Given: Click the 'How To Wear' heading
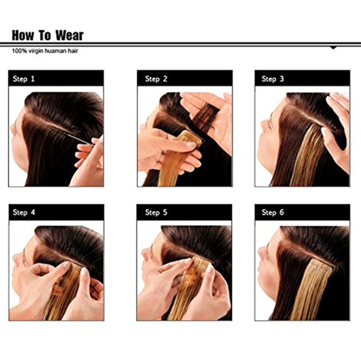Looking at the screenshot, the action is coord(48,36).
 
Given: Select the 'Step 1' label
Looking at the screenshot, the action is coord(23,79).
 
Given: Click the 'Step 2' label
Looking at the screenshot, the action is coord(156,79).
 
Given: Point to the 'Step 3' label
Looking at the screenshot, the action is coord(273,79).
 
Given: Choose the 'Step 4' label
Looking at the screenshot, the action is coord(24,212).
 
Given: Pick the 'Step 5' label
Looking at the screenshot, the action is coord(156,212).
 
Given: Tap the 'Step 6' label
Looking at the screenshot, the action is coord(273,212).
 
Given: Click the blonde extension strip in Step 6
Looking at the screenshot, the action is coord(312,290).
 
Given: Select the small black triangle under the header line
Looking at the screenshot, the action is coord(333,48).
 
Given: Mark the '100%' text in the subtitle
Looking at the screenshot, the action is coord(19,51).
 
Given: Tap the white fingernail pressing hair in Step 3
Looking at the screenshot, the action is coord(325,131).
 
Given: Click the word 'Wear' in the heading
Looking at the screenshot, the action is coord(69,36).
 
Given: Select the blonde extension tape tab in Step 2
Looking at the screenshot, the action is coord(191,136).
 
